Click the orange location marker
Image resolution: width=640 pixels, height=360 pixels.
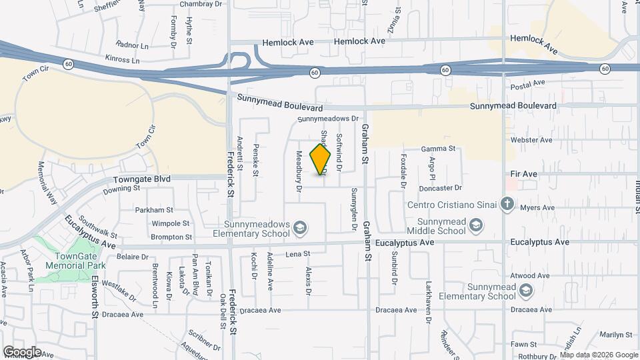pyautogui.click(x=321, y=159)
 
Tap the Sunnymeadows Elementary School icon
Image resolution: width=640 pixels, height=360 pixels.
pyautogui.click(x=300, y=228)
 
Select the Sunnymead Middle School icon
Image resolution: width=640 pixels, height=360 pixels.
pyautogui.click(x=476, y=227)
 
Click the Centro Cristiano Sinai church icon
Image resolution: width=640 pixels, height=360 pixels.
pyautogui.click(x=507, y=203)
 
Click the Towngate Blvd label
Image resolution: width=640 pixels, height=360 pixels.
pyautogui.click(x=142, y=179)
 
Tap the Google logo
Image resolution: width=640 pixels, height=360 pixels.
pyautogui.click(x=22, y=351)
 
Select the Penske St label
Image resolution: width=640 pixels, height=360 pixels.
pyautogui.click(x=256, y=159)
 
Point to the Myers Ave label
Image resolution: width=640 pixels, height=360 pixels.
pyautogui.click(x=537, y=208)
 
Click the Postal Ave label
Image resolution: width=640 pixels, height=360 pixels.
pyautogui.click(x=528, y=86)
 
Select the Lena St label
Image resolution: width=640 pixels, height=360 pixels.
pyautogui.click(x=299, y=254)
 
